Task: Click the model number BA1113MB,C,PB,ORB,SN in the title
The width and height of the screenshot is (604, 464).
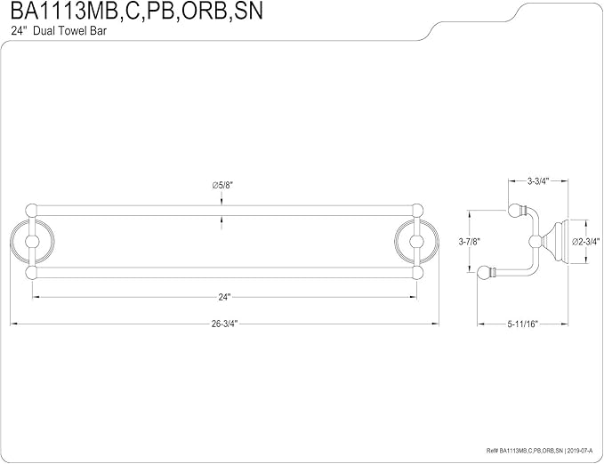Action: pos(137,11)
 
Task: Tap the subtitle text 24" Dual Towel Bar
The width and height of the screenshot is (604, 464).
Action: pos(59,31)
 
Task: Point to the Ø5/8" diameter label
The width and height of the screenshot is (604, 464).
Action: pos(222,185)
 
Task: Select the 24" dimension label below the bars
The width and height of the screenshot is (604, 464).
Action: pos(224,297)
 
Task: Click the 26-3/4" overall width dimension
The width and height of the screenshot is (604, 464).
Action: pos(224,324)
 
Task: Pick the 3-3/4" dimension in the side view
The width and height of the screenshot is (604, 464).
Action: pos(538,180)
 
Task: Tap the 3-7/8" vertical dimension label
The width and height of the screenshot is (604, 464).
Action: pos(470,242)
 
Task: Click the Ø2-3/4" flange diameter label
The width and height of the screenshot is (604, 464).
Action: pos(586,242)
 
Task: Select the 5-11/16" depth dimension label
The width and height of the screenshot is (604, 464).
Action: pos(522,324)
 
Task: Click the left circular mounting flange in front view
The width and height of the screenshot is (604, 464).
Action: pos(12,242)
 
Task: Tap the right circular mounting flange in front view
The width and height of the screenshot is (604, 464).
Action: pos(437,242)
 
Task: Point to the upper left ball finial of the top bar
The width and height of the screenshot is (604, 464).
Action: pos(31,211)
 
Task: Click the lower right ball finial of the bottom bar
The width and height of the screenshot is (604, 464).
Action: pos(416,273)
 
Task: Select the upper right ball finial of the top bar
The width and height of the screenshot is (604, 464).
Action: pos(416,211)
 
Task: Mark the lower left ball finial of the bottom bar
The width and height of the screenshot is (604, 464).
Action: pos(31,273)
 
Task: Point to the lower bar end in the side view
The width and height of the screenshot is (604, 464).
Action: pos(486,273)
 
